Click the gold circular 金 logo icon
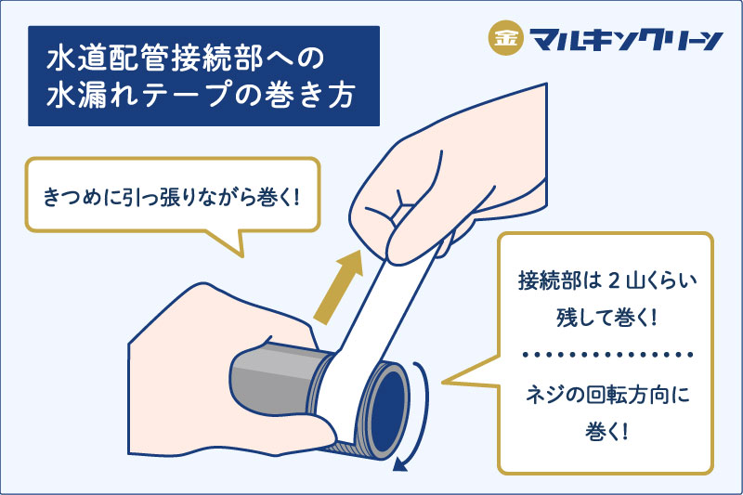coord(505,37)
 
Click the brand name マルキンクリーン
coord(625,39)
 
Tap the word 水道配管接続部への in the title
coord(185,59)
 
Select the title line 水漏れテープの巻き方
coord(201,95)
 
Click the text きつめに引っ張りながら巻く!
coord(171,197)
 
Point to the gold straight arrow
coord(338,288)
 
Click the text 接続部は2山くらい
coord(607,280)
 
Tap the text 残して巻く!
coord(606,317)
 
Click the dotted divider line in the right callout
coord(607,355)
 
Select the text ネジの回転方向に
coord(607,395)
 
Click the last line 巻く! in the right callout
coord(606,432)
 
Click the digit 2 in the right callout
coord(613,281)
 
